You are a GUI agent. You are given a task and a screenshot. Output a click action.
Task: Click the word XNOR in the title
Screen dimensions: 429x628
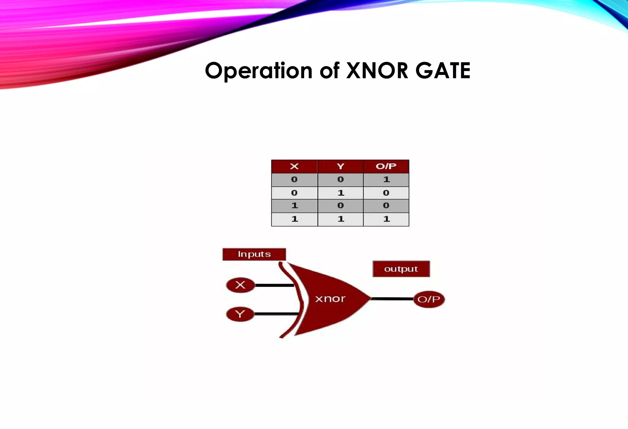tap(377, 71)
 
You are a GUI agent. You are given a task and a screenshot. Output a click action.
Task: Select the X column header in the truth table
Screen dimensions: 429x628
tap(294, 166)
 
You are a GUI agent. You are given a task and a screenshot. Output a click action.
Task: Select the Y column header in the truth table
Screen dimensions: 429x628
tap(340, 166)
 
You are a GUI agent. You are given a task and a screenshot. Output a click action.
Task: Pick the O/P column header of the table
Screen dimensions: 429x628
tap(386, 166)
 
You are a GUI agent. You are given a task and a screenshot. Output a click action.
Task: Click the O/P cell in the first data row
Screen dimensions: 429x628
tap(386, 180)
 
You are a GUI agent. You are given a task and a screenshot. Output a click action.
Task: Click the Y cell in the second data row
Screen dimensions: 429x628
tap(340, 193)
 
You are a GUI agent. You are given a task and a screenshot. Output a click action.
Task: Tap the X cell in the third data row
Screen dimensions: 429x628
tap(294, 206)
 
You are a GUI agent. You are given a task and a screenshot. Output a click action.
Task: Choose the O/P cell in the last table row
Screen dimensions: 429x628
tap(386, 219)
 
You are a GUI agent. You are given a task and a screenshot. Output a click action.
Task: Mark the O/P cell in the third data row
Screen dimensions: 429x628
tap(386, 206)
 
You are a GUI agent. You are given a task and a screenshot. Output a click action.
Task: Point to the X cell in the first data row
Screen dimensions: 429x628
tap(294, 180)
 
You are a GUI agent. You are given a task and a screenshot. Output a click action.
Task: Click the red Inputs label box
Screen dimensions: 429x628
tap(254, 254)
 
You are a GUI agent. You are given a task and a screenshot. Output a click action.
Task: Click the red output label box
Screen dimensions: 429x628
tap(401, 269)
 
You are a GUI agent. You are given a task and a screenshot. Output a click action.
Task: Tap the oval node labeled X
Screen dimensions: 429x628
tap(240, 285)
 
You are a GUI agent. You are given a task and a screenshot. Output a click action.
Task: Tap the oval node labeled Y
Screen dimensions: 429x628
tap(240, 314)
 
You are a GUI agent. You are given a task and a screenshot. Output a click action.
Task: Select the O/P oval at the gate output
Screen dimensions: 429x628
tap(429, 299)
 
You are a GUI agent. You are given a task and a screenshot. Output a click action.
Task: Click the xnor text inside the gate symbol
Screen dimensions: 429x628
tap(330, 299)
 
